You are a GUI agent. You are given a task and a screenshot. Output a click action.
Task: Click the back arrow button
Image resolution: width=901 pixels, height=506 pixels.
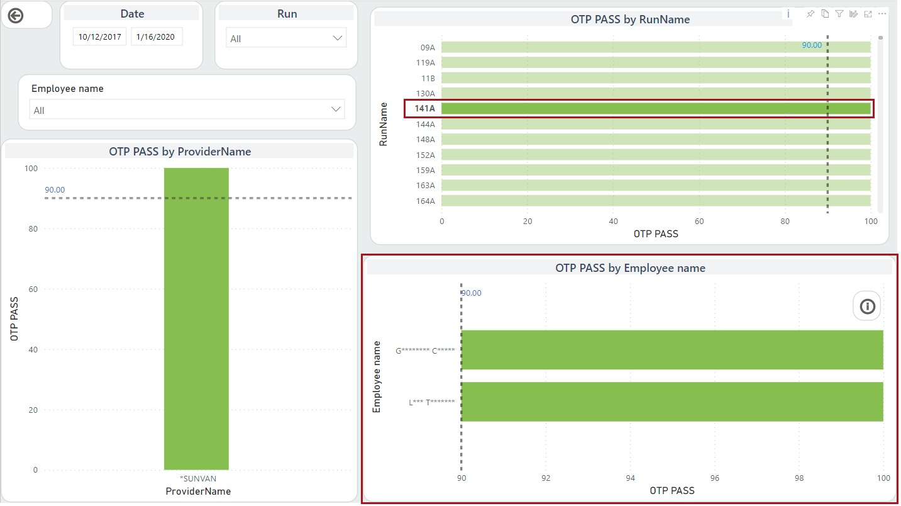tap(16, 16)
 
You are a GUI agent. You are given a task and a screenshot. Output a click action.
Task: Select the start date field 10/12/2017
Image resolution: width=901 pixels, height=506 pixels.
tap(100, 37)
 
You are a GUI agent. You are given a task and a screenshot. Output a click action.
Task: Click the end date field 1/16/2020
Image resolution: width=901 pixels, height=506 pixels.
tap(157, 37)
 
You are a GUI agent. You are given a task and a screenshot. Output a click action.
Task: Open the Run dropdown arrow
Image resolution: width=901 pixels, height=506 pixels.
tap(336, 38)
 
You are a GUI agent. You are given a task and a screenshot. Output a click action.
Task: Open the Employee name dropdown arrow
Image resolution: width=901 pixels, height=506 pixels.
tap(335, 110)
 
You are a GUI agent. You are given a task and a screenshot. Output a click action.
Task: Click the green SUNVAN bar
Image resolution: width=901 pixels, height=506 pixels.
tap(196, 318)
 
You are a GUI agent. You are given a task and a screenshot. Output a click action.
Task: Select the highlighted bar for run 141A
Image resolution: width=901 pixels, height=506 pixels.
tap(656, 109)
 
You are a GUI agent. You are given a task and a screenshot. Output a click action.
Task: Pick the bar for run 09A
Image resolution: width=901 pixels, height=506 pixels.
tap(656, 47)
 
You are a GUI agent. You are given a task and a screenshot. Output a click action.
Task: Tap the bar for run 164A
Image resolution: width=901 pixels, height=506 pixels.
tap(656, 201)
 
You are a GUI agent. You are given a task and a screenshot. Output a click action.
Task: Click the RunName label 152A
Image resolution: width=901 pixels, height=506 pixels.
tap(426, 155)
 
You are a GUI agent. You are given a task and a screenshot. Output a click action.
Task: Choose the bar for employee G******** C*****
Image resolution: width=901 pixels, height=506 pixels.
tap(672, 350)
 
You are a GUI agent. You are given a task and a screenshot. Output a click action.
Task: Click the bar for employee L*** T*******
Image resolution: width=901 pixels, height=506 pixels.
tap(672, 402)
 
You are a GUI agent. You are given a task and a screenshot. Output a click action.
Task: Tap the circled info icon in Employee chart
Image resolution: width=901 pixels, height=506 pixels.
tap(868, 306)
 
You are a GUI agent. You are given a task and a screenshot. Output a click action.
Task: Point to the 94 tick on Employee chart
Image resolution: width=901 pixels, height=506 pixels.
tap(631, 478)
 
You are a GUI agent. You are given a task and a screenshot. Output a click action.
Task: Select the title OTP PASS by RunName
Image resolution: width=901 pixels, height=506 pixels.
tap(630, 20)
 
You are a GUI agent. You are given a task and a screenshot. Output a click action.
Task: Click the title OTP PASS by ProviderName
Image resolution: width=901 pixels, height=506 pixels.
tap(180, 152)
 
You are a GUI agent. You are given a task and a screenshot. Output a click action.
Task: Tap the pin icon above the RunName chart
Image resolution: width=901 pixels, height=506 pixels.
tap(810, 14)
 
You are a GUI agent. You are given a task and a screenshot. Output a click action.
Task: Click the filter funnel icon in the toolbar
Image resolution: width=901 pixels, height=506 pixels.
tap(839, 14)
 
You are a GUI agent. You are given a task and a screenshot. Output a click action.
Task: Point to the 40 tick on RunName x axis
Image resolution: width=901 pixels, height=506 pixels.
tap(614, 222)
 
